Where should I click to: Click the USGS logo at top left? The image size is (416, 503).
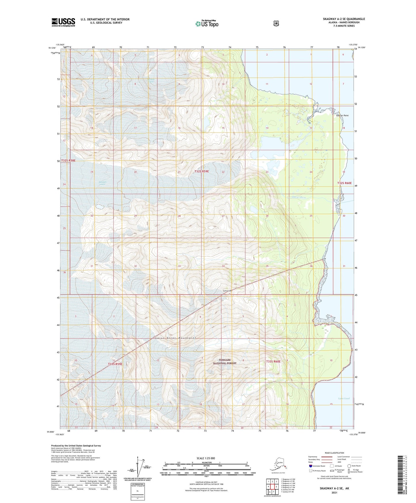(63, 22)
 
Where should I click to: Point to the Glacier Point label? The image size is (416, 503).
(342, 116)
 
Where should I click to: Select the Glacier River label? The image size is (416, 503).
(298, 198)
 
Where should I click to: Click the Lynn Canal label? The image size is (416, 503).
(344, 398)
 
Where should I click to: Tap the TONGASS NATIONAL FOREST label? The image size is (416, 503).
(225, 362)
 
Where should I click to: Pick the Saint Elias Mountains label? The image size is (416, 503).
(176, 338)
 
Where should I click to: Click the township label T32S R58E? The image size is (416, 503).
(68, 160)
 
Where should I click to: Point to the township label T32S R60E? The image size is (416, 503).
(344, 183)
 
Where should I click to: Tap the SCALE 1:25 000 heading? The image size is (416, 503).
(206, 458)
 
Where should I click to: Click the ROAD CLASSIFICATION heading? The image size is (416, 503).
(334, 453)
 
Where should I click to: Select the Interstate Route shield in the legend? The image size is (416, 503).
(311, 466)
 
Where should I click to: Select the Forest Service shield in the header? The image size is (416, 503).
(276, 23)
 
